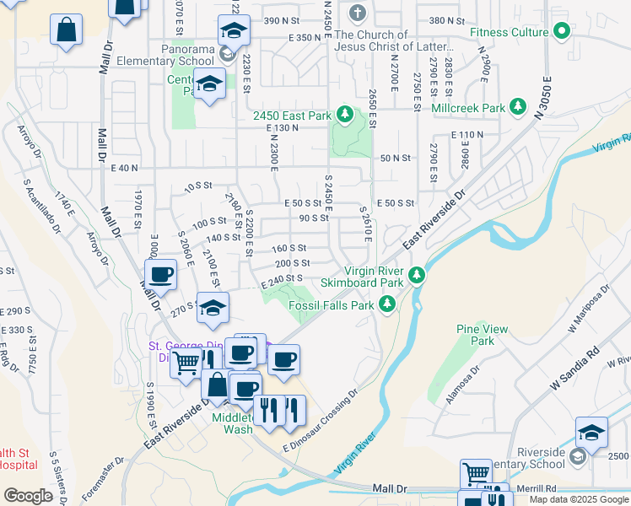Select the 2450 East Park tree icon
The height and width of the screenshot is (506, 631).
click(x=344, y=114)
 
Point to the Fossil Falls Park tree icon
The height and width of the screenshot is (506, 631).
click(x=387, y=304)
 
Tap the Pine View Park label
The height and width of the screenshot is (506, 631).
click(x=475, y=335)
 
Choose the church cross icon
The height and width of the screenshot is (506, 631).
click(x=358, y=13)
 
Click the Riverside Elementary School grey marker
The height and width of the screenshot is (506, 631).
click(x=577, y=457)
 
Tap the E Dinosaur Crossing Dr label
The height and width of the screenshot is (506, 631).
click(x=321, y=420)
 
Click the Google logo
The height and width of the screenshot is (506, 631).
click(x=29, y=496)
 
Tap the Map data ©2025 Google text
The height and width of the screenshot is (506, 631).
click(x=579, y=499)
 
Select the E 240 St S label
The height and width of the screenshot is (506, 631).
click(x=281, y=278)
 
